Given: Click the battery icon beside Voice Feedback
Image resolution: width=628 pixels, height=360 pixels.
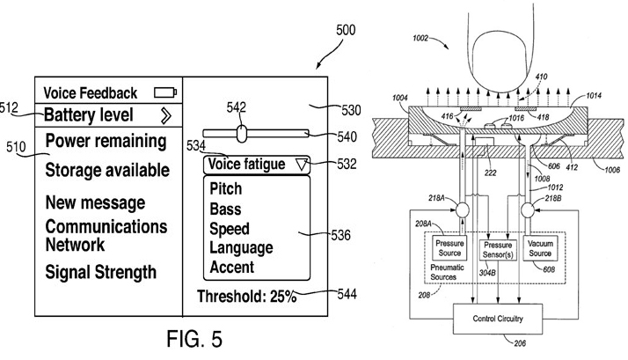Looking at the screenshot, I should [164, 92].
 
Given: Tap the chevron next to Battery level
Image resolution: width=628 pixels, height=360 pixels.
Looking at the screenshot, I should [165, 114].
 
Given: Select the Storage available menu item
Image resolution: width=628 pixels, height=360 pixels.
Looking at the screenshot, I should [106, 170].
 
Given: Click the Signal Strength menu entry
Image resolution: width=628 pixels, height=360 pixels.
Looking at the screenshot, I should [100, 272].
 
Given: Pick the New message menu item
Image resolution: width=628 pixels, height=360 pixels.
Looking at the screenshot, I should [95, 203].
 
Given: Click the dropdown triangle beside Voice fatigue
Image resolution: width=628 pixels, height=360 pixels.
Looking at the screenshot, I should [303, 164].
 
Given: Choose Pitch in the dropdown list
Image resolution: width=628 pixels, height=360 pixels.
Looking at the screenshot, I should [226, 189].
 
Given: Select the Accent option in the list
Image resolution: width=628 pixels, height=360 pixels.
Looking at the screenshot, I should [232, 267].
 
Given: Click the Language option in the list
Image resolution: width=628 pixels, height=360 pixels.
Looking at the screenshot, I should [241, 247].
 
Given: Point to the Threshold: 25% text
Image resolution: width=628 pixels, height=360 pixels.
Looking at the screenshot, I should [246, 297].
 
